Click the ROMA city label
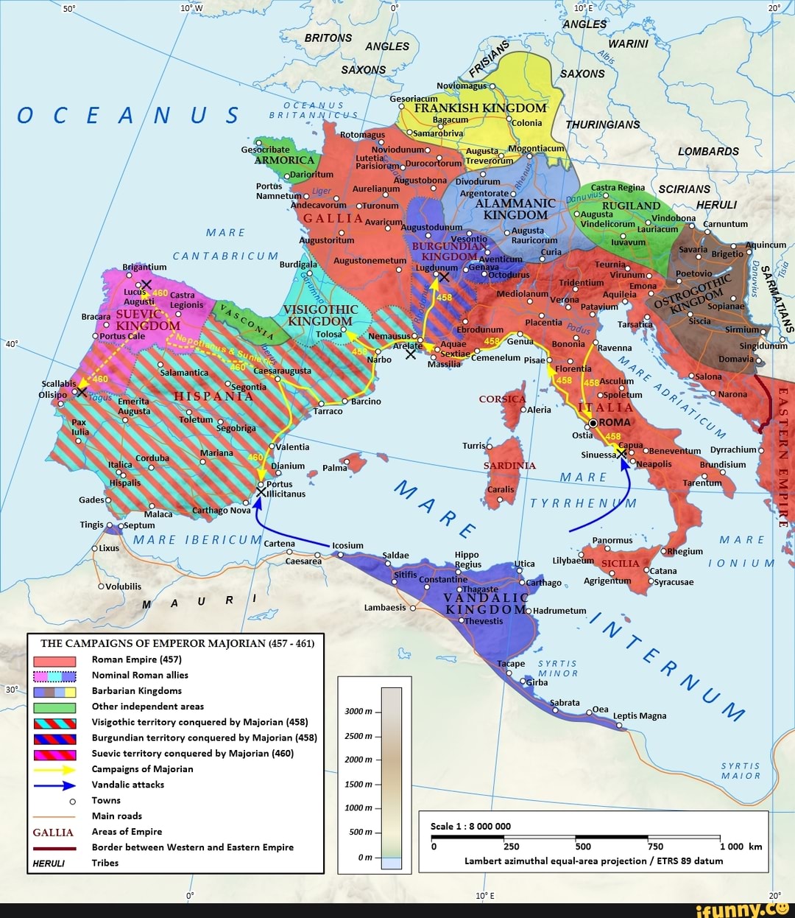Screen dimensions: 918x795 coord(615,422)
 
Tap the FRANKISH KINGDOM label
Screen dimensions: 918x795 coord(480,108)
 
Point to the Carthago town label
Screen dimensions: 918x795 coord(543,582)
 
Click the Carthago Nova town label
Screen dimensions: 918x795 coord(221,510)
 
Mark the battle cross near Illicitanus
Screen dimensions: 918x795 coord(261,491)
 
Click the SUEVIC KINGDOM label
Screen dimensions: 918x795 coord(147,320)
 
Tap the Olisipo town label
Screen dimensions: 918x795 coord(52,394)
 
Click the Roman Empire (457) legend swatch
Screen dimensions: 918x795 coord(54,660)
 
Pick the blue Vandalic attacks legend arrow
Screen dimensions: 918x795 coord(54,785)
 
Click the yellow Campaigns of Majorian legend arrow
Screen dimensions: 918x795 coord(54,769)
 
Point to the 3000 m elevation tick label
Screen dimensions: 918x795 coord(358,711)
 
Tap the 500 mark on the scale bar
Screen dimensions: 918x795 coord(583,847)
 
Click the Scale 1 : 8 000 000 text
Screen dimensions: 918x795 coord(470,826)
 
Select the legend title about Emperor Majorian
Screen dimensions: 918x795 coord(177,643)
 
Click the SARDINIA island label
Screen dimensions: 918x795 coord(509,466)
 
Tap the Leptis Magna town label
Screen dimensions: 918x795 coord(639,715)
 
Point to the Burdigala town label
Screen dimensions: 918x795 coord(298,264)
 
